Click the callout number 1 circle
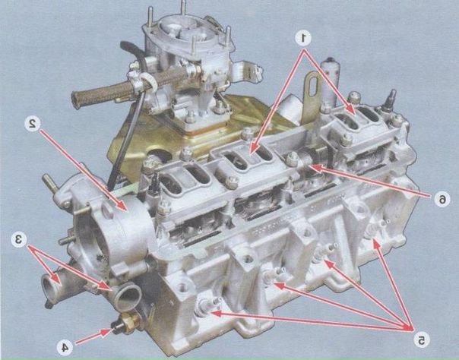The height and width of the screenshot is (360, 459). tap(303, 37)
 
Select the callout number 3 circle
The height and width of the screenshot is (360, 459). tap(19, 239)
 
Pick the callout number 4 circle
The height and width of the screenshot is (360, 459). tap(65, 347)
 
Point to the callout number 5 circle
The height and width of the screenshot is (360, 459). tap(422, 340)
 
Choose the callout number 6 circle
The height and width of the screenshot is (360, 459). tap(442, 199)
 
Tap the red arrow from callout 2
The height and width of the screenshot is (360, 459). tap(84, 171)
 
